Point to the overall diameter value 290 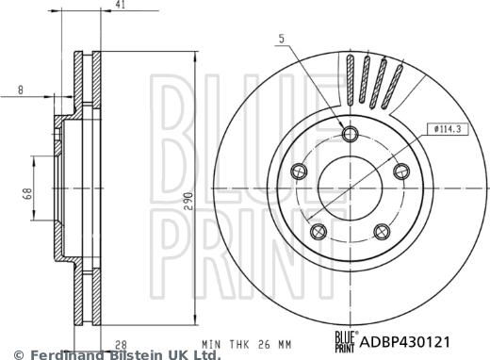click(188, 200)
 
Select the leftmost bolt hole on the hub click(301, 171)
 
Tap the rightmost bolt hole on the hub click(401, 170)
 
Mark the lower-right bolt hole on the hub click(382, 229)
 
